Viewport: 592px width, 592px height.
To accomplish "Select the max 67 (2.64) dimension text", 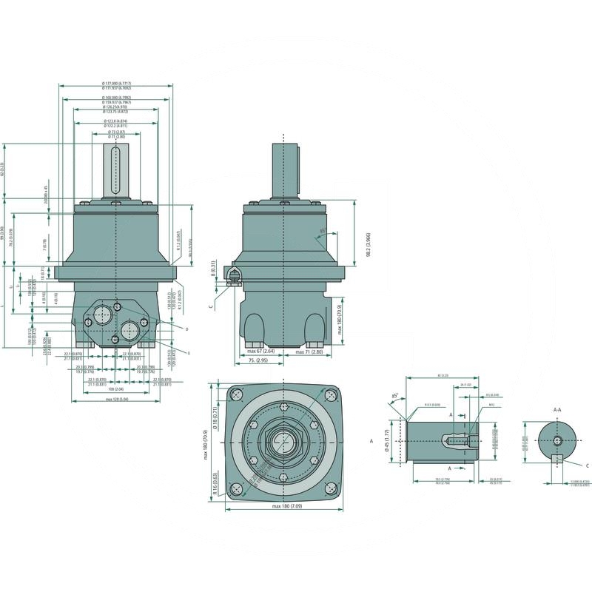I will pyautogui.click(x=260, y=351).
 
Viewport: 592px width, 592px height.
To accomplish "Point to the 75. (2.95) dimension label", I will pyautogui.click(x=258, y=360).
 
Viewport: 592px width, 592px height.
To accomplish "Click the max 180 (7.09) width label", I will pyautogui.click(x=286, y=506).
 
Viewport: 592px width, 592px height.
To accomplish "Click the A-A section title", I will pyautogui.click(x=557, y=408).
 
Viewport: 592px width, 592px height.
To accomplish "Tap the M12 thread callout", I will pyautogui.click(x=491, y=406).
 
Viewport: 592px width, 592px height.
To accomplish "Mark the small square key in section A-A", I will pyautogui.click(x=557, y=459).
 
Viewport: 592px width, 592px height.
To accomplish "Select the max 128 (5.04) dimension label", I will pyautogui.click(x=115, y=400).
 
